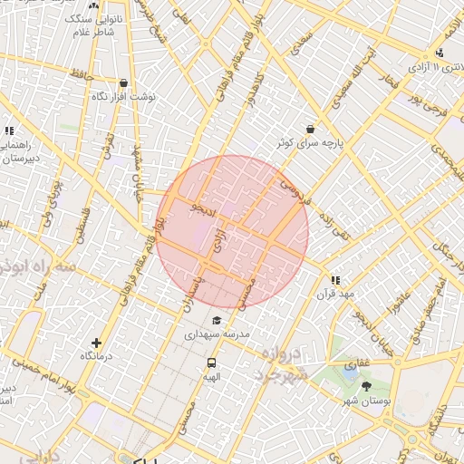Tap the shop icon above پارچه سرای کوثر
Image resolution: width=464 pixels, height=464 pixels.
point(312,129)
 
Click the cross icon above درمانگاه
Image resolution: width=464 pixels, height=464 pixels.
point(97,343)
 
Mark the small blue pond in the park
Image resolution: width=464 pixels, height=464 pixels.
point(350,369)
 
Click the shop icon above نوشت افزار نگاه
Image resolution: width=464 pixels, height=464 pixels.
point(122,82)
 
